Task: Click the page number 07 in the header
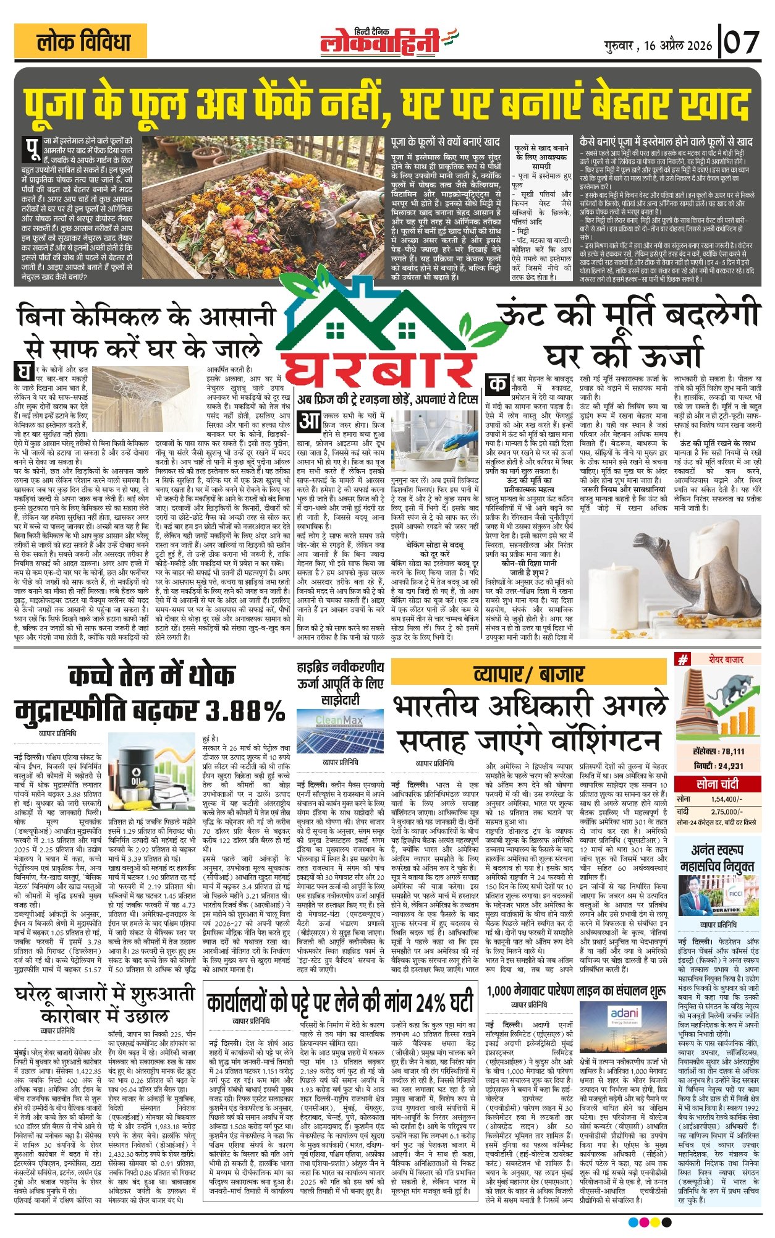click(742, 43)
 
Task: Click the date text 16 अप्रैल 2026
click(677, 45)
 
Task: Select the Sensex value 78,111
click(727, 751)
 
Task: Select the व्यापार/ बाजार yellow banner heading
click(528, 673)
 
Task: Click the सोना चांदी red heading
click(717, 784)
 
